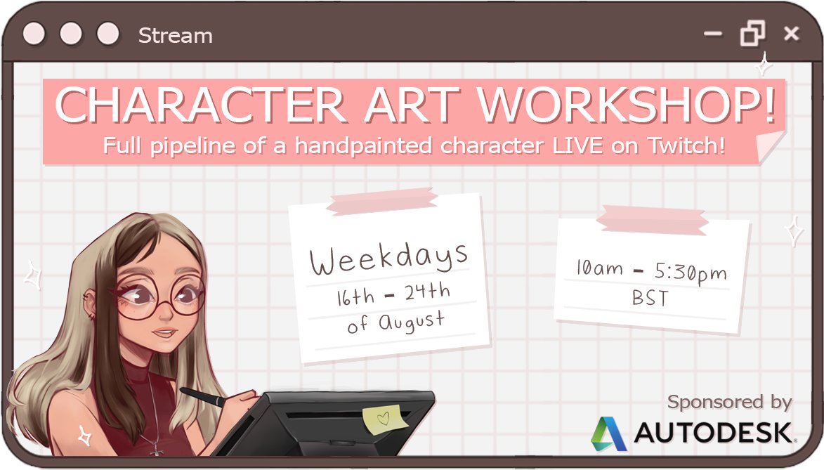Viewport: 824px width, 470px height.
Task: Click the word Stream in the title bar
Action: click(175, 35)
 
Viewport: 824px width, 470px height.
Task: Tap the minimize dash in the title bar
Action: click(712, 33)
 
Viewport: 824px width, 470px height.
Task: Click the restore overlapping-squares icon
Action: click(752, 33)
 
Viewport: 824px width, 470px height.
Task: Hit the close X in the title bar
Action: click(791, 33)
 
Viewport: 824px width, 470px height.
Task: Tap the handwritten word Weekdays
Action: click(388, 259)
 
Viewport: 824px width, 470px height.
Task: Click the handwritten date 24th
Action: click(426, 293)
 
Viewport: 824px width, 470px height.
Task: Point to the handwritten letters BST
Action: click(650, 298)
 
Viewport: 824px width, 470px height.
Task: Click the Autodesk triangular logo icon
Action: click(608, 433)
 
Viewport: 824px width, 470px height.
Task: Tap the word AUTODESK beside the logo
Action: click(712, 433)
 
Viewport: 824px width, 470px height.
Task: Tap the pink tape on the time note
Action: click(652, 220)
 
